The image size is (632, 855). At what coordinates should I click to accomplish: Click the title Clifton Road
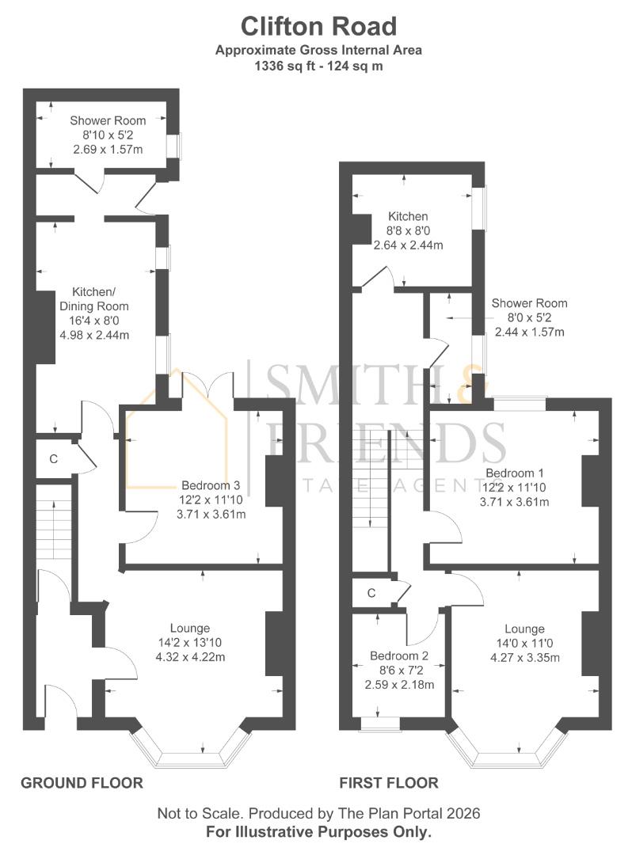(x=318, y=26)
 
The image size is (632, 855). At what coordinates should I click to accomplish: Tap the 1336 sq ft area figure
(x=284, y=66)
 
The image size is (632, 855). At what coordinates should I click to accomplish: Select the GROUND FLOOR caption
(x=82, y=783)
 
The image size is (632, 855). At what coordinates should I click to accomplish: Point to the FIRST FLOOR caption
(x=389, y=783)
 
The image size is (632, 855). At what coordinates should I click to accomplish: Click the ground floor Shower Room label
(x=108, y=120)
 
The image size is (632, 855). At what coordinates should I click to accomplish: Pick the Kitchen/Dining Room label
(x=93, y=298)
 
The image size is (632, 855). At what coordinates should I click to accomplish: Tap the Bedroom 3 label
(x=211, y=485)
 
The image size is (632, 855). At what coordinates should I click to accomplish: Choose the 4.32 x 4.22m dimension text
(x=190, y=657)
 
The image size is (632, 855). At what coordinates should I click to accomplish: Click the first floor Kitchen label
(x=408, y=216)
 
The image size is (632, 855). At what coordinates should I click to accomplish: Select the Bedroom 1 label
(x=515, y=473)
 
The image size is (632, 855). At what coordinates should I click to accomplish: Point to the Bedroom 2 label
(x=399, y=656)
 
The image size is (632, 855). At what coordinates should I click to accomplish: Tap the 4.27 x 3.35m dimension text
(x=525, y=658)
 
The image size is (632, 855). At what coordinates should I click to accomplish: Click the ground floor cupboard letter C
(x=53, y=459)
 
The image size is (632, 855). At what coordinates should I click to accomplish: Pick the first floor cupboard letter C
(x=371, y=593)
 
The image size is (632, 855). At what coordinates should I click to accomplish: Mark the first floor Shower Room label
(x=530, y=303)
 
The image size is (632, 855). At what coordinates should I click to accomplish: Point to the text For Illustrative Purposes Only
(x=318, y=832)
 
